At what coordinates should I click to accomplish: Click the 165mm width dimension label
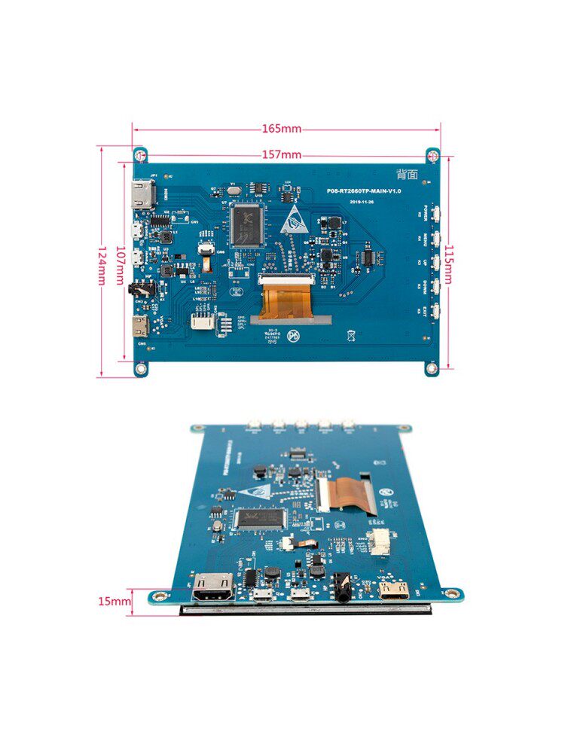tap(282, 129)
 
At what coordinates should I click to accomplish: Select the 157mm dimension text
tap(282, 155)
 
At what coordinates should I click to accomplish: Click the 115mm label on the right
tap(448, 264)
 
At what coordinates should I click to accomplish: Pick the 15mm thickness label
tap(113, 601)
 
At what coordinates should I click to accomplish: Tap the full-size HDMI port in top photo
tap(141, 195)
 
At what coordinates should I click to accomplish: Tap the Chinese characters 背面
tap(407, 174)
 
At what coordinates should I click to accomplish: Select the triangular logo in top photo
tap(295, 218)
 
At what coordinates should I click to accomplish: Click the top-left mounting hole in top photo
tap(140, 154)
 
